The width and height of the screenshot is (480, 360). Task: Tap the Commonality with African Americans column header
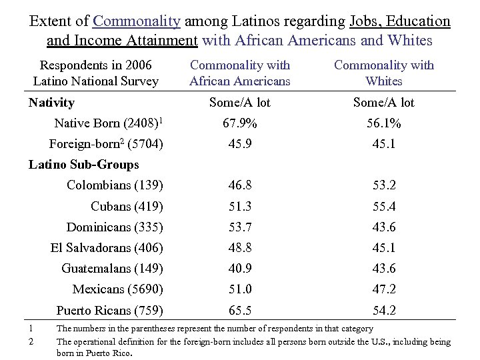pyautogui.click(x=240, y=73)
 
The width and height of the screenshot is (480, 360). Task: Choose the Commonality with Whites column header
pyautogui.click(x=384, y=73)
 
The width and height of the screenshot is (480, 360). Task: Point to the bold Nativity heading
pyautogui.click(x=52, y=103)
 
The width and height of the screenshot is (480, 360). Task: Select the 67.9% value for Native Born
pyautogui.click(x=240, y=123)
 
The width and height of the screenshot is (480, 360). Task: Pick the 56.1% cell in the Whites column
pyautogui.click(x=384, y=123)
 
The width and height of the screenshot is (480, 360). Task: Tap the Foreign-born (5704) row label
pyautogui.click(x=107, y=144)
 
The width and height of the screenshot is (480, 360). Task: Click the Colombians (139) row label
pyautogui.click(x=115, y=185)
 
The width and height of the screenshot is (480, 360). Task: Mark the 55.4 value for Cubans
pyautogui.click(x=384, y=206)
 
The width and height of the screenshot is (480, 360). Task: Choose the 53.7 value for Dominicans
pyautogui.click(x=240, y=227)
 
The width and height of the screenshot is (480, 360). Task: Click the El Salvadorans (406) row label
pyautogui.click(x=107, y=248)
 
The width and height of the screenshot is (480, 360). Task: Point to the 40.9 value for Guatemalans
pyautogui.click(x=240, y=269)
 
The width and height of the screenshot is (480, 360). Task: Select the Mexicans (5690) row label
pyautogui.click(x=117, y=289)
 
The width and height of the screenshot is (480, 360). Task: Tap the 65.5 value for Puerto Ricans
pyautogui.click(x=240, y=310)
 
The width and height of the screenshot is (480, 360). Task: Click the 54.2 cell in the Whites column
pyautogui.click(x=384, y=310)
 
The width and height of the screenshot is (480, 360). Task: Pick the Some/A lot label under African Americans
pyautogui.click(x=240, y=103)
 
